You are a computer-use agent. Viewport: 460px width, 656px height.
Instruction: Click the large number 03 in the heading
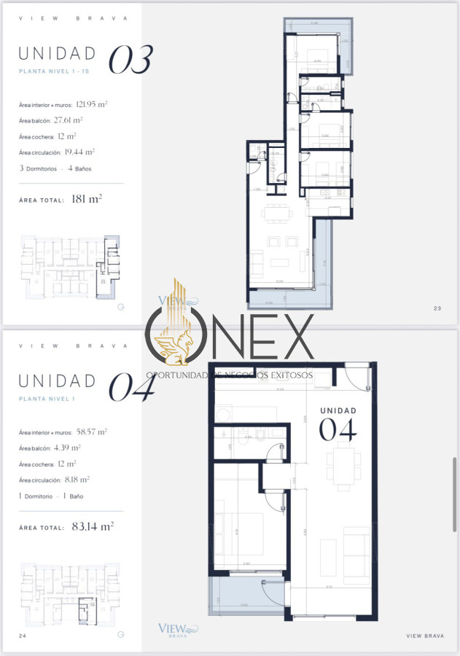130,60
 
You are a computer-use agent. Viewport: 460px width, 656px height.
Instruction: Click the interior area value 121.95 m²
91,104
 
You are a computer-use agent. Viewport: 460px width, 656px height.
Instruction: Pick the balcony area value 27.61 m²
68,120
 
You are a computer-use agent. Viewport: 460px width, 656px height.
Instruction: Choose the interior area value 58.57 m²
91,432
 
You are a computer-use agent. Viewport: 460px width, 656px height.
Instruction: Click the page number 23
437,308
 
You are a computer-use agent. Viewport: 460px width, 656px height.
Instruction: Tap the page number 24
23,636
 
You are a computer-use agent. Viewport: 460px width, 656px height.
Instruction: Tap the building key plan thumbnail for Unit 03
67,266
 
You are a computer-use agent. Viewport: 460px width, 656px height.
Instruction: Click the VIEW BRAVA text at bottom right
425,636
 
